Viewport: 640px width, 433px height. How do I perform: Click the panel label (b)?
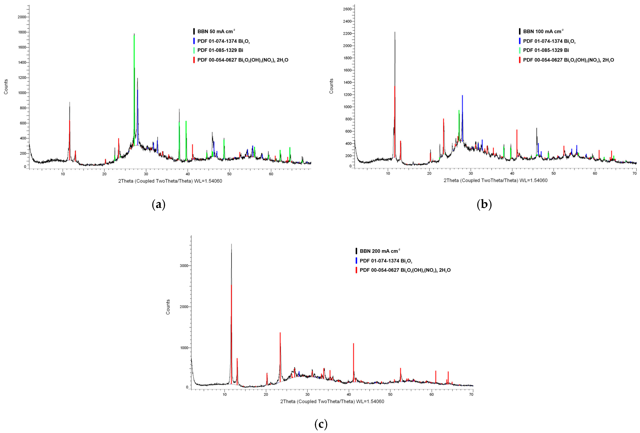484,204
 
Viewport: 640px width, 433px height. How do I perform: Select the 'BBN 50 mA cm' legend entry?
216,31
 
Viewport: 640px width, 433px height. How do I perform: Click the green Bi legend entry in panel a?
220,50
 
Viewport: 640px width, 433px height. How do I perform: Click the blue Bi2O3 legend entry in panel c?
386,261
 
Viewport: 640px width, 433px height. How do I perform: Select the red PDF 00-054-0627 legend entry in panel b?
568,60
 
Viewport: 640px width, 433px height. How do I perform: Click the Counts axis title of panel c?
168,307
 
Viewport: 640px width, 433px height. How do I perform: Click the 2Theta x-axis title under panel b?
495,180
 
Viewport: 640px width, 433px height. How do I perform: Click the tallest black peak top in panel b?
395,32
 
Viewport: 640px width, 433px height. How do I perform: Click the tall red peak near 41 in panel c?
353,344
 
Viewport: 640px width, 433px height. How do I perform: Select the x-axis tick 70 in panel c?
471,394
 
